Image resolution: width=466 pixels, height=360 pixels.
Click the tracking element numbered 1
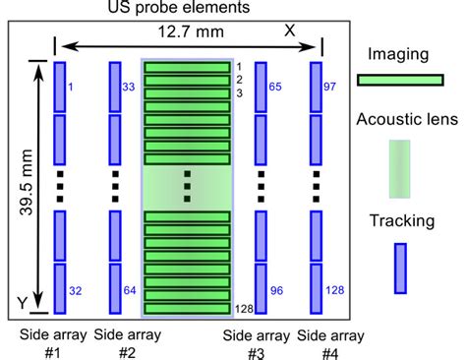[x=58, y=85]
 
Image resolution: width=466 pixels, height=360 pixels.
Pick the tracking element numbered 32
[x=58, y=286]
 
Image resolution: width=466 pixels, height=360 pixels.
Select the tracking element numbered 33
[x=115, y=85]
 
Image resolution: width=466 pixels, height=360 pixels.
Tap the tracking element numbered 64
[x=115, y=286]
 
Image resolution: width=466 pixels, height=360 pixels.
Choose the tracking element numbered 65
[x=262, y=85]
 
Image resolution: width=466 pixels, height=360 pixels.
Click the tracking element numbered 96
[x=262, y=286]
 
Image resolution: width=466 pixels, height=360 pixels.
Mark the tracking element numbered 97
[x=317, y=85]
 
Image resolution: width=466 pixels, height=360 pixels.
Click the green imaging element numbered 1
[x=187, y=67]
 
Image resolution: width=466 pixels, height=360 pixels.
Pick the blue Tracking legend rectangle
[x=400, y=269]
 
